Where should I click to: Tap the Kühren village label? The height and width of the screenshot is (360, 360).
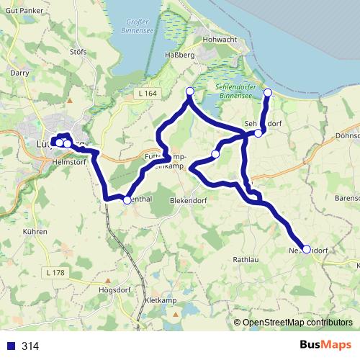35,232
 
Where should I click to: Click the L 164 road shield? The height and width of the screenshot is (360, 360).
146,93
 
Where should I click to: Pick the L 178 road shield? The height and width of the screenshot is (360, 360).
55,272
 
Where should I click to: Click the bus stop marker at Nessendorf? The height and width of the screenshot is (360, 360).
307,249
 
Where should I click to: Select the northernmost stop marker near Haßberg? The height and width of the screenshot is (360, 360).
190,91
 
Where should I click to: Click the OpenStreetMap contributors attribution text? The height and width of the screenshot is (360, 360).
297,323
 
